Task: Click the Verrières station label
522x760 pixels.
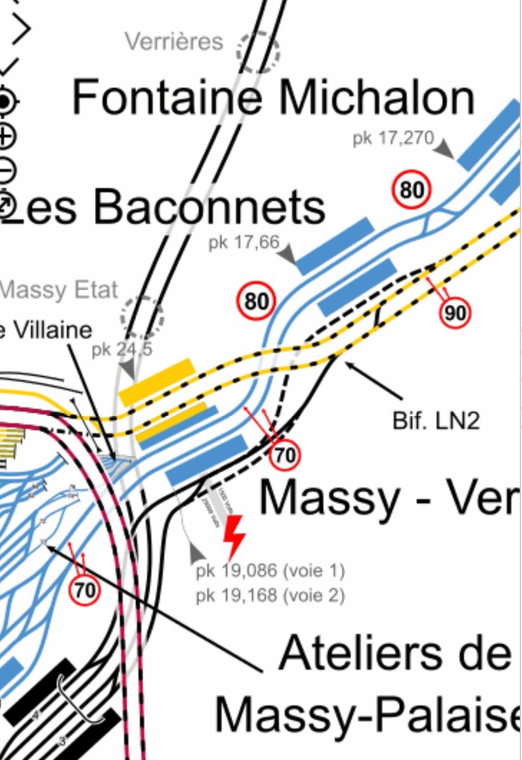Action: click(x=174, y=42)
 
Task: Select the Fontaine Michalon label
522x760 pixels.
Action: click(x=273, y=98)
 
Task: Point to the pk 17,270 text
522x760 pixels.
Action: click(x=393, y=139)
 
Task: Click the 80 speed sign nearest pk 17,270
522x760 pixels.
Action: click(x=412, y=190)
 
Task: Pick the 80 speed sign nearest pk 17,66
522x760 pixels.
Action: click(x=257, y=301)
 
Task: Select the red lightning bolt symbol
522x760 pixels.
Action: click(x=234, y=537)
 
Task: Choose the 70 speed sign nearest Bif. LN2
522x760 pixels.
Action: click(x=284, y=455)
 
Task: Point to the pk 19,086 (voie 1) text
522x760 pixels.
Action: click(x=270, y=571)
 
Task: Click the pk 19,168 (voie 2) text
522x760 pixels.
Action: click(x=270, y=595)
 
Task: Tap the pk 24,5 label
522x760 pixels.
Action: click(x=122, y=349)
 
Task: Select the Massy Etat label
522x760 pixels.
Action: click(x=59, y=290)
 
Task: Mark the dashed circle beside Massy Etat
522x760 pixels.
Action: click(x=142, y=315)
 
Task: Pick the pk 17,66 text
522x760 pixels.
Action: click(x=243, y=243)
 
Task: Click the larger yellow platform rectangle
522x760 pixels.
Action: click(x=157, y=381)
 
